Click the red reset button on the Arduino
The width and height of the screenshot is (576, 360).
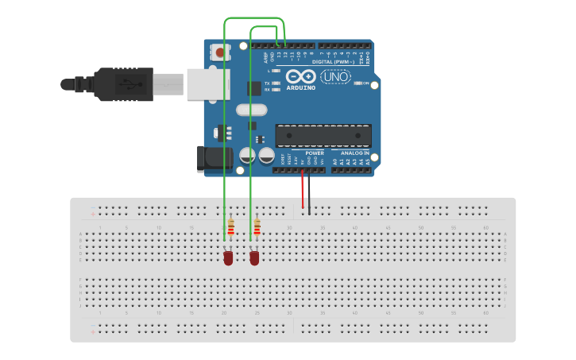pos(219,52)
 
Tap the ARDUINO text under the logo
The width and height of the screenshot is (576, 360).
pos(301,87)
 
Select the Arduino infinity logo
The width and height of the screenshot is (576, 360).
pos(301,76)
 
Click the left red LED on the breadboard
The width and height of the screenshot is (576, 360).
pos(228,258)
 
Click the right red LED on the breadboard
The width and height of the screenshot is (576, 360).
pos(254,258)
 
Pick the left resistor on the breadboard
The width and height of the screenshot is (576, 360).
pos(230,228)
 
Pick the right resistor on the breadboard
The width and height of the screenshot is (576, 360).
pos(257,228)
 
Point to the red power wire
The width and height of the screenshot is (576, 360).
pos(302,191)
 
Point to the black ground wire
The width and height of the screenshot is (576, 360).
pos(310,194)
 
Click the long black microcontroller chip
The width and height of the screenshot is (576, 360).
pos(323,135)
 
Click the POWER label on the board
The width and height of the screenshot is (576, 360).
pos(303,153)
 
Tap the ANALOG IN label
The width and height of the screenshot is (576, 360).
pos(354,153)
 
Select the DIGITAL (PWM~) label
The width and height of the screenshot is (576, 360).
pos(334,61)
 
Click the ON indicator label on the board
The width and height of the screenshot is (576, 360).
pos(366,83)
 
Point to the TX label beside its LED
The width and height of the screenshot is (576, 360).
pos(267,83)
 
